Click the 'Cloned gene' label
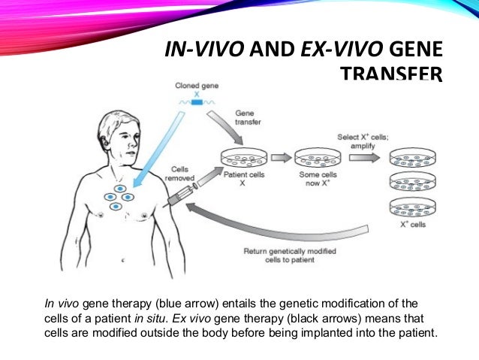(x=197, y=86)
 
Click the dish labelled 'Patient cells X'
(x=244, y=159)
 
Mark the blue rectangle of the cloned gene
(x=197, y=99)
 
